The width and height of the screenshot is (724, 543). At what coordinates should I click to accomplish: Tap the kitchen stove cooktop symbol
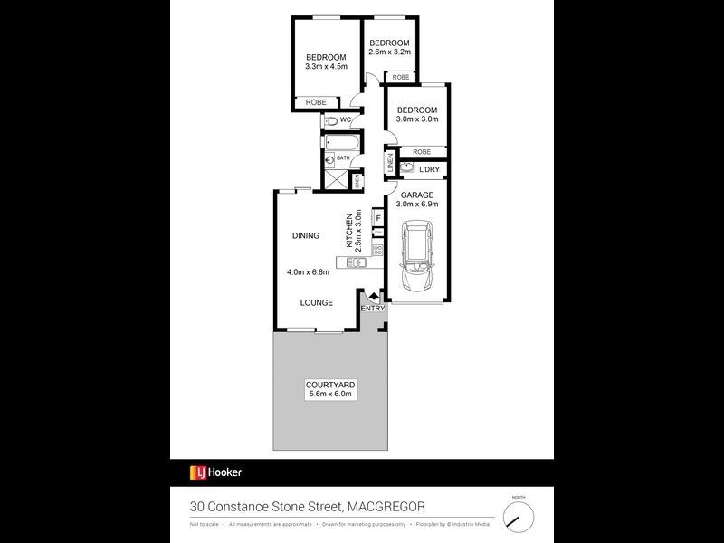coord(377,251)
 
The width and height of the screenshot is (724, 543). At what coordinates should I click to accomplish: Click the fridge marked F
coord(377,218)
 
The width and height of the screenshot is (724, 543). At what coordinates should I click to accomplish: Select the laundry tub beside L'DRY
coord(406,168)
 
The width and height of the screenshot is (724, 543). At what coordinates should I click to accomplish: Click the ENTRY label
coord(373,309)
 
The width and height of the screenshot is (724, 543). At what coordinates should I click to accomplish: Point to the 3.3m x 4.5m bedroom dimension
coord(326,66)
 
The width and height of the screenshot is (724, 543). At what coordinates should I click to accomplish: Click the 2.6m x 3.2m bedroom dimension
coord(389,52)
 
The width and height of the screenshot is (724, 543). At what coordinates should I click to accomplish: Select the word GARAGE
coord(418,195)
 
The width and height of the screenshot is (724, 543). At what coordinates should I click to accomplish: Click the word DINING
coord(306,236)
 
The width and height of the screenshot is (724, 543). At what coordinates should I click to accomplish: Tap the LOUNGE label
coord(317,302)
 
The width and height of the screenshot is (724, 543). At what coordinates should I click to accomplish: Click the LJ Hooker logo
coord(215,472)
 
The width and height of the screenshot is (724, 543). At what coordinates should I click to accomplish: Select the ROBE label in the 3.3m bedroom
coord(316,102)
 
